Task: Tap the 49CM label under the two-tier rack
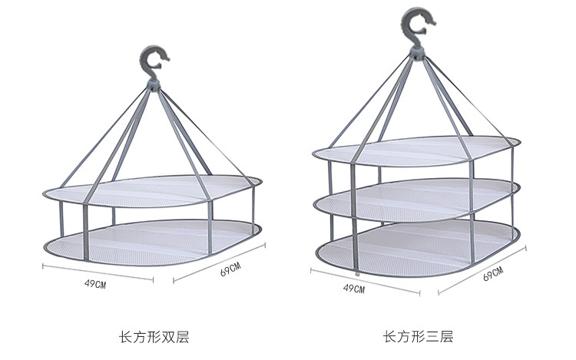pyautogui.click(x=95, y=283)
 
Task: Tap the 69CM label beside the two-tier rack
pyautogui.click(x=230, y=270)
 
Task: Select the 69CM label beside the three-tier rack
pyautogui.click(x=493, y=274)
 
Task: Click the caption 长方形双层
pyautogui.click(x=154, y=335)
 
